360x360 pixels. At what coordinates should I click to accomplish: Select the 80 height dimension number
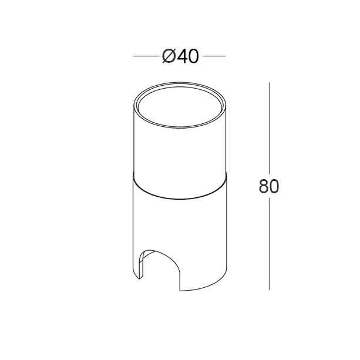pyautogui.click(x=268, y=186)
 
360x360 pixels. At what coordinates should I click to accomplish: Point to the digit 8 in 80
pyautogui.click(x=263, y=186)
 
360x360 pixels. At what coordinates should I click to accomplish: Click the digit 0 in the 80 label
pyautogui.click(x=274, y=186)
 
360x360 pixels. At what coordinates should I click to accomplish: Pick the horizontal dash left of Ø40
pyautogui.click(x=145, y=56)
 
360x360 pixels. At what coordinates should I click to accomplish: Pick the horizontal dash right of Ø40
pyautogui.click(x=214, y=56)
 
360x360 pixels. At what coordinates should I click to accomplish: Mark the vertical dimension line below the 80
pyautogui.click(x=269, y=244)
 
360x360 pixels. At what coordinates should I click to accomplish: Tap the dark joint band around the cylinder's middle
pyautogui.click(x=179, y=189)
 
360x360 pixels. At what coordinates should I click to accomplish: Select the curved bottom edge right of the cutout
pyautogui.click(x=203, y=287)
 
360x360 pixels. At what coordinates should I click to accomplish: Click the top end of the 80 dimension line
pyautogui.click(x=269, y=83)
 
